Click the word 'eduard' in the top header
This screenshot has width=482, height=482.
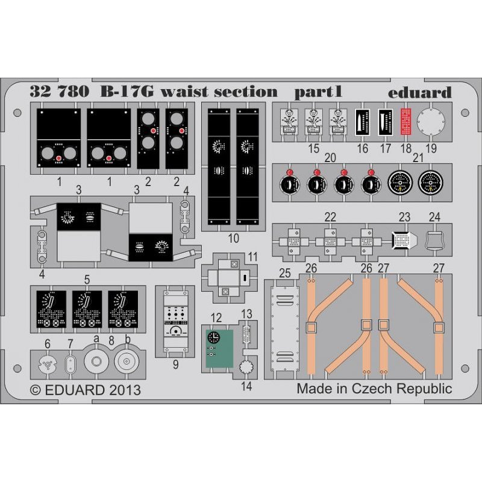click(419, 93)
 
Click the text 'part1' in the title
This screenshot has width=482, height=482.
click(319, 92)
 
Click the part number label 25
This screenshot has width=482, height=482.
click(285, 274)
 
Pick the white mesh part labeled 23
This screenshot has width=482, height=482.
click(403, 239)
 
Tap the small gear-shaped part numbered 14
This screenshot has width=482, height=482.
click(245, 365)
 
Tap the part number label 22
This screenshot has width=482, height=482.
click(330, 217)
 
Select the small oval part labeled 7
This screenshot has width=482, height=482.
click(70, 363)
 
